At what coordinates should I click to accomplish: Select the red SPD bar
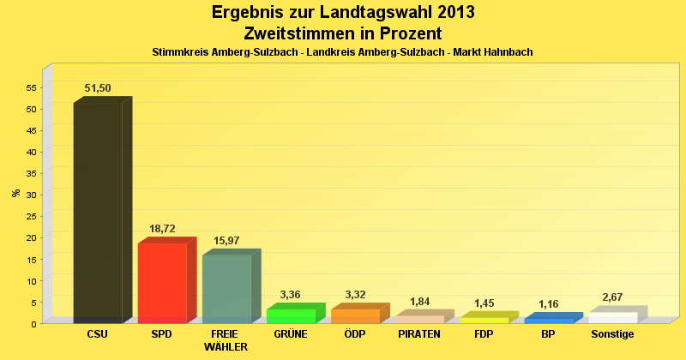(162, 282)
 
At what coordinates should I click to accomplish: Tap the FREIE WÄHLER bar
(226, 288)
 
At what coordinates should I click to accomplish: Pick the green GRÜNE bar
(291, 315)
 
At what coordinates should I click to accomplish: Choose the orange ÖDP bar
(355, 315)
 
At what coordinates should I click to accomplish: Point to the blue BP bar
(548, 320)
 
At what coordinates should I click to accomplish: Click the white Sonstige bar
(612, 317)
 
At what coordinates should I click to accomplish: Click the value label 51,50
(97, 88)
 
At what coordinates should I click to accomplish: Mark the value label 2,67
(612, 297)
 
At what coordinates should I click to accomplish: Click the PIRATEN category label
(419, 334)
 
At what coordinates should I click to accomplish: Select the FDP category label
(484, 334)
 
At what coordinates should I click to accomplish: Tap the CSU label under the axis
(98, 334)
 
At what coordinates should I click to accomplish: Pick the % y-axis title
(16, 192)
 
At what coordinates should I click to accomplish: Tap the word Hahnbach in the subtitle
(508, 52)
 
